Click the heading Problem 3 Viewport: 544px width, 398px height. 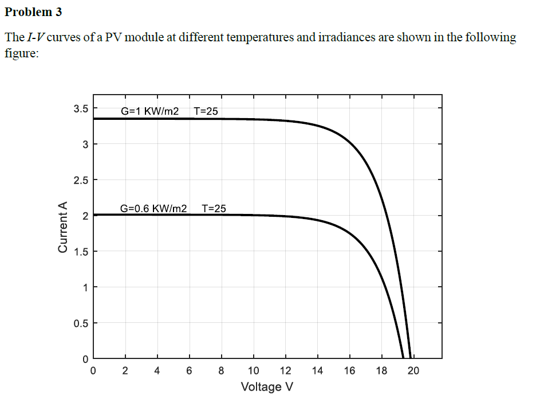[33, 12]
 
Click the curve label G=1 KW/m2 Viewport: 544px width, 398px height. [150, 111]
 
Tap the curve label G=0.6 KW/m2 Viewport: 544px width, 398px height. [154, 208]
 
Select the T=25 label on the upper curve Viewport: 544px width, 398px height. [206, 111]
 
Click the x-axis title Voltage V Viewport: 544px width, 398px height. [267, 386]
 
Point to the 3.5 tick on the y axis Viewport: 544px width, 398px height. [81, 108]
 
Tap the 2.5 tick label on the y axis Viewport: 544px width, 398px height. [81, 180]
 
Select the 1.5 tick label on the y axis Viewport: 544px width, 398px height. [81, 252]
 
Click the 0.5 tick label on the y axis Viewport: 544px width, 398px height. [81, 323]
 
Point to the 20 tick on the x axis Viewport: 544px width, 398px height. [413, 370]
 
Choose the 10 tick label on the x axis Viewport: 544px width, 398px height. [253, 370]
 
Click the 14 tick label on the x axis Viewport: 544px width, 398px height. [317, 370]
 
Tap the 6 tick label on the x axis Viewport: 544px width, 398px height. [189, 370]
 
